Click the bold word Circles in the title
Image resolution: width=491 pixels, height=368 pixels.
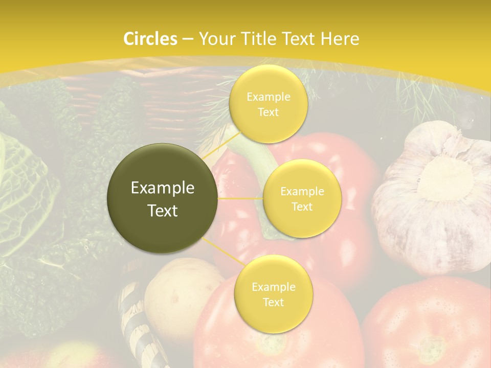tap(150, 39)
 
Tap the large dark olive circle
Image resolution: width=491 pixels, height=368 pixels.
tap(162, 198)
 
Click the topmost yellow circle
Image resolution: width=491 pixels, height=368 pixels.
tap(268, 104)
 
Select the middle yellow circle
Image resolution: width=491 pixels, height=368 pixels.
tap(302, 198)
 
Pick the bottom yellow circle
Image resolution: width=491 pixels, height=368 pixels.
tap(273, 294)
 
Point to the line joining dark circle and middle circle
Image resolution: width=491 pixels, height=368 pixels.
tap(240, 198)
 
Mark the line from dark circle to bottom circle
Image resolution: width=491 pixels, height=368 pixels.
tap(224, 251)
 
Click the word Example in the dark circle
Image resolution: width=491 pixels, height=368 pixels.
tap(162, 188)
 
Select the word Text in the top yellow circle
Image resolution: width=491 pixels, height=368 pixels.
tap(268, 112)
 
